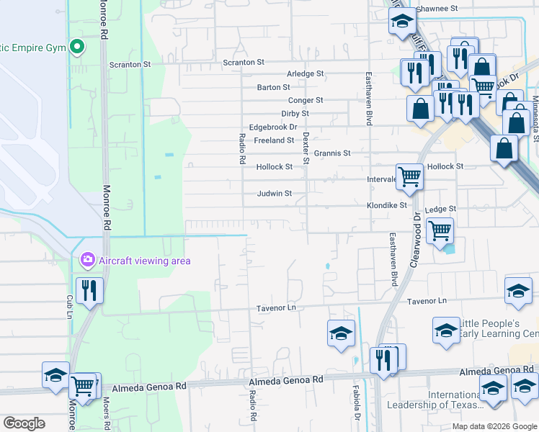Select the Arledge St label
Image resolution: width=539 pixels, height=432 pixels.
[x=306, y=74]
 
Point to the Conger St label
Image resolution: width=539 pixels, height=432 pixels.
[x=306, y=101]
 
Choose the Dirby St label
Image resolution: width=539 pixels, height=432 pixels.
[x=295, y=114]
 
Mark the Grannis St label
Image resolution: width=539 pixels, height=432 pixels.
[x=331, y=153]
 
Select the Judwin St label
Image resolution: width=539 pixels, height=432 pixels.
[x=275, y=194]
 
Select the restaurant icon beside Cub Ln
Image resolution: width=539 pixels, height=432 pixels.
[x=89, y=290]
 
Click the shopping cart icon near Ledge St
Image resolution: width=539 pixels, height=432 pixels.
[x=440, y=232]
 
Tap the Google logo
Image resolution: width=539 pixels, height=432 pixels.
[x=24, y=423]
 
